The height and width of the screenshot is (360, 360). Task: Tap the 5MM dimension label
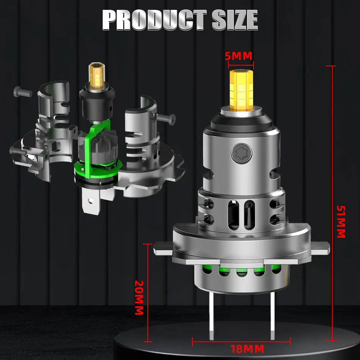tap(239, 56)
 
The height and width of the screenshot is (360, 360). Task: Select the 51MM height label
tap(341, 222)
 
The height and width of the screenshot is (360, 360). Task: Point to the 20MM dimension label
tap(139, 297)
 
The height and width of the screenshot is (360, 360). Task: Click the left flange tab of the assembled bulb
tap(163, 248)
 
